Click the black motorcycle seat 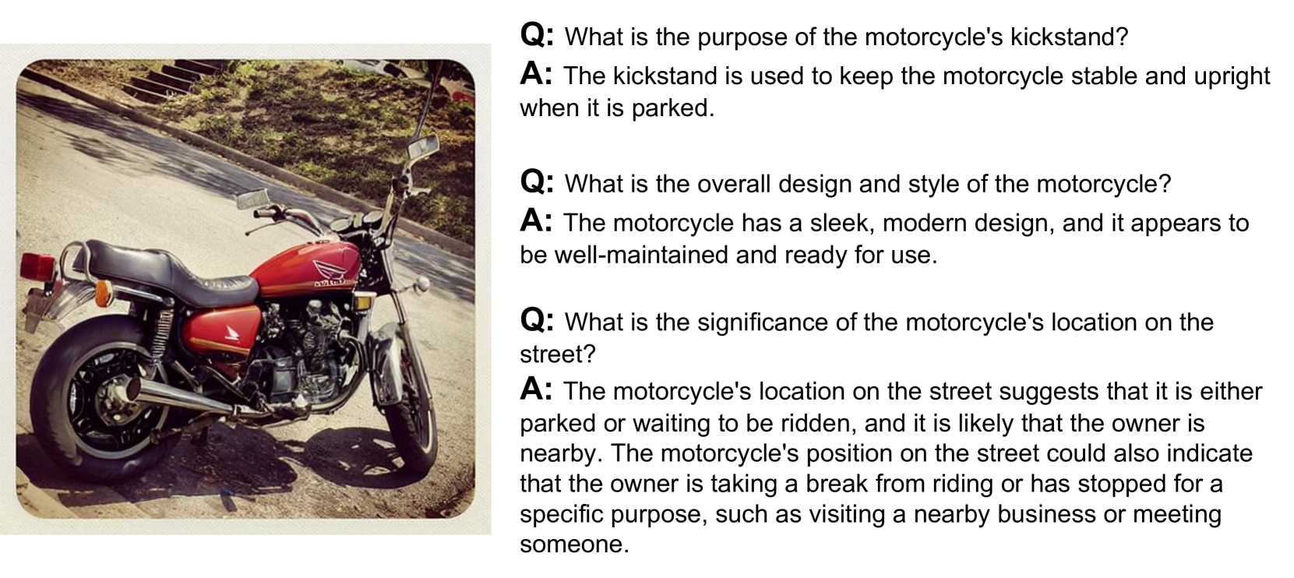(x=173, y=270)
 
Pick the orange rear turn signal (x=102, y=294)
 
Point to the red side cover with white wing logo (x=222, y=330)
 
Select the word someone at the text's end (x=574, y=545)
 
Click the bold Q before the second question (x=537, y=182)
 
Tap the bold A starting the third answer (x=535, y=389)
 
